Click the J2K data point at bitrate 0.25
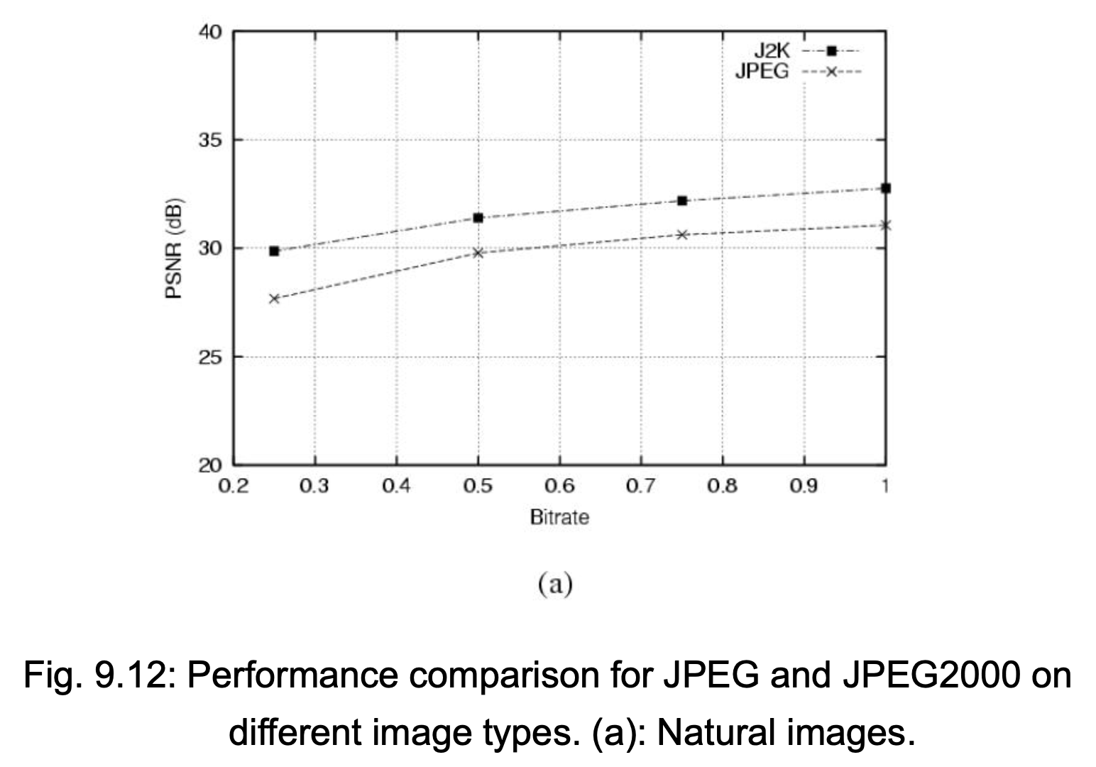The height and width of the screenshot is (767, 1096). tap(274, 251)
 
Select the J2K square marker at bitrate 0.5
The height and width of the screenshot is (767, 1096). tap(478, 218)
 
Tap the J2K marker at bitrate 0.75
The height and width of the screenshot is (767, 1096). tap(682, 201)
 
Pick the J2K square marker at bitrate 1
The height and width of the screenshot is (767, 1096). tap(886, 188)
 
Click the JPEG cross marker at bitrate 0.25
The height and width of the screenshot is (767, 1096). tap(274, 298)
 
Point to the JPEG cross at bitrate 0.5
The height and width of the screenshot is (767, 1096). tap(478, 253)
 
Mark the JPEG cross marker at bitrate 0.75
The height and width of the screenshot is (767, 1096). tap(682, 235)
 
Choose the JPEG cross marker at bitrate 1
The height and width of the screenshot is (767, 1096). tap(886, 225)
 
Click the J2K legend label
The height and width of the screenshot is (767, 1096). tap(772, 51)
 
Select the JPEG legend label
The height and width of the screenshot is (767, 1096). tap(762, 72)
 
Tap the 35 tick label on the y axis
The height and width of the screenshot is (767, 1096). tap(210, 141)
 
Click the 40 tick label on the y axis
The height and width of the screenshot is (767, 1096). tap(210, 32)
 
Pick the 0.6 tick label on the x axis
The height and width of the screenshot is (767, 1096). tap(559, 486)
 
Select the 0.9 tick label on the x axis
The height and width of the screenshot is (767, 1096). tap(804, 486)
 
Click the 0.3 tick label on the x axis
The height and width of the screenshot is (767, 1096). tap(314, 486)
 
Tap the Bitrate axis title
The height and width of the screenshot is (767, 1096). tap(560, 518)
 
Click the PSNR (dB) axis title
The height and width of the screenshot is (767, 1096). tap(174, 248)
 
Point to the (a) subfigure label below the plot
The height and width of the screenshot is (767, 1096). tap(555, 584)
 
